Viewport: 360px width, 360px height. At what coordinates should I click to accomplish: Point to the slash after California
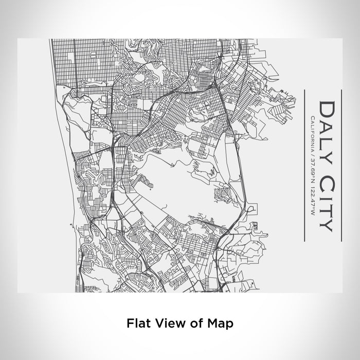312,156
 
